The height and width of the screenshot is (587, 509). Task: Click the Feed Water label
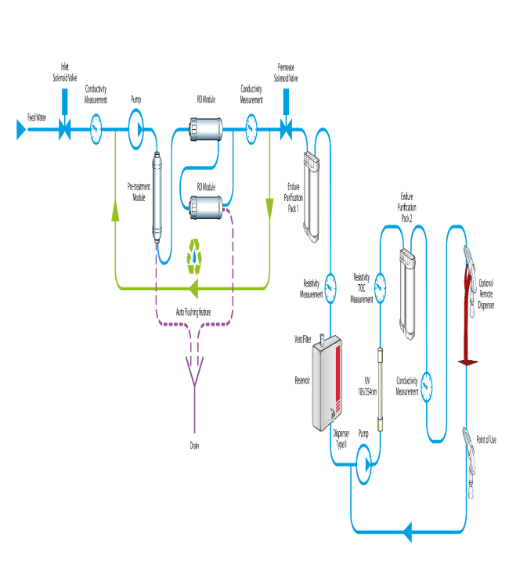coord(38,117)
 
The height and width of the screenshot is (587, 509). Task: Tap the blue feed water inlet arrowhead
coord(21,130)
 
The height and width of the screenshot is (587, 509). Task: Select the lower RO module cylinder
coord(205,207)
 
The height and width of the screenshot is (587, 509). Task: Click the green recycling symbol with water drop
coord(194,257)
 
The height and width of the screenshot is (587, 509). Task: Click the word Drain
coord(194,445)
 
